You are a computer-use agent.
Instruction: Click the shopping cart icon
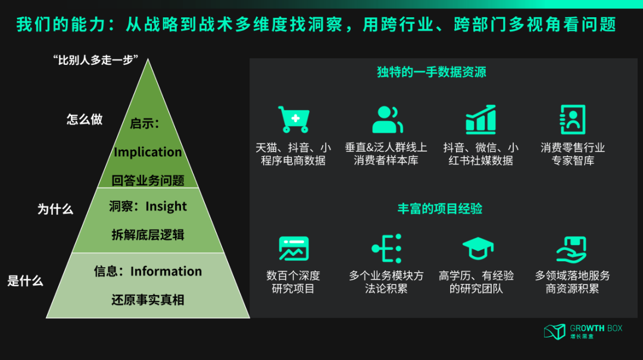[294, 119]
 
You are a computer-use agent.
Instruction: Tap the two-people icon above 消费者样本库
[388, 119]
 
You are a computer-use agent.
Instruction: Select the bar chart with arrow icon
[480, 119]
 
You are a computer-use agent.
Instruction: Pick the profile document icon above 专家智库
[573, 119]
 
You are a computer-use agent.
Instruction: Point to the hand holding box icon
[572, 249]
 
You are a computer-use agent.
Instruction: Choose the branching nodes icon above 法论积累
[386, 249]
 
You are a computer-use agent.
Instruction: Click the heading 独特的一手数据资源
[432, 73]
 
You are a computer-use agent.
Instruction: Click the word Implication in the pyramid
[148, 152]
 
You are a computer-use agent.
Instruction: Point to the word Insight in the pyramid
[166, 206]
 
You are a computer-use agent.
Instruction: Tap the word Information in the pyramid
[166, 271]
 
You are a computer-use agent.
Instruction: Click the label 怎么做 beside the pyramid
[85, 119]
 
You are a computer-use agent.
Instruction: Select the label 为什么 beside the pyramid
[55, 209]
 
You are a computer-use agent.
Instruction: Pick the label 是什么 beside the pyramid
[25, 281]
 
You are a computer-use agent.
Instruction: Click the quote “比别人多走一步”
[95, 61]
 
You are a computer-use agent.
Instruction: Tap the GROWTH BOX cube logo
[554, 331]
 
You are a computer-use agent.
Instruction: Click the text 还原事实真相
[148, 300]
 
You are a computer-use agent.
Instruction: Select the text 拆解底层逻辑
[148, 234]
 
